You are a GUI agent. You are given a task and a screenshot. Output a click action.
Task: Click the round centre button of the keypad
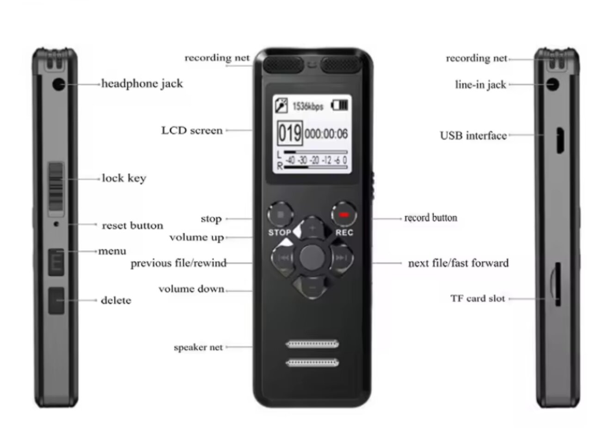[x=312, y=257]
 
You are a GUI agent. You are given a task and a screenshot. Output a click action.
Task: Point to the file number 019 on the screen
[x=290, y=134]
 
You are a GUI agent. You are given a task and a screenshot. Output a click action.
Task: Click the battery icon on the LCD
[x=339, y=105]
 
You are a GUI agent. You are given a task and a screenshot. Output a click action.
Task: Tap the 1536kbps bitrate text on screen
[x=307, y=106]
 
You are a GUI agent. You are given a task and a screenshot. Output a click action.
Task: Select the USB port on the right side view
[x=560, y=141]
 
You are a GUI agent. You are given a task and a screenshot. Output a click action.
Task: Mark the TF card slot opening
[x=558, y=284]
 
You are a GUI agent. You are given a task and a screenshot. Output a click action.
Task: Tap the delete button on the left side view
[x=56, y=301]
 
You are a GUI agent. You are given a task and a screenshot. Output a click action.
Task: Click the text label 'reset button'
[x=132, y=226]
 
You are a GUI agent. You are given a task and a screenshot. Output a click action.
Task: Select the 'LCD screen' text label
[x=192, y=130]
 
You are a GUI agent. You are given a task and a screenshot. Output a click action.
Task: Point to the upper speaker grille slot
[x=312, y=344]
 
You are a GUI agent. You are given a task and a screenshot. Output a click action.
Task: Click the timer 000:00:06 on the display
[x=326, y=134]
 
